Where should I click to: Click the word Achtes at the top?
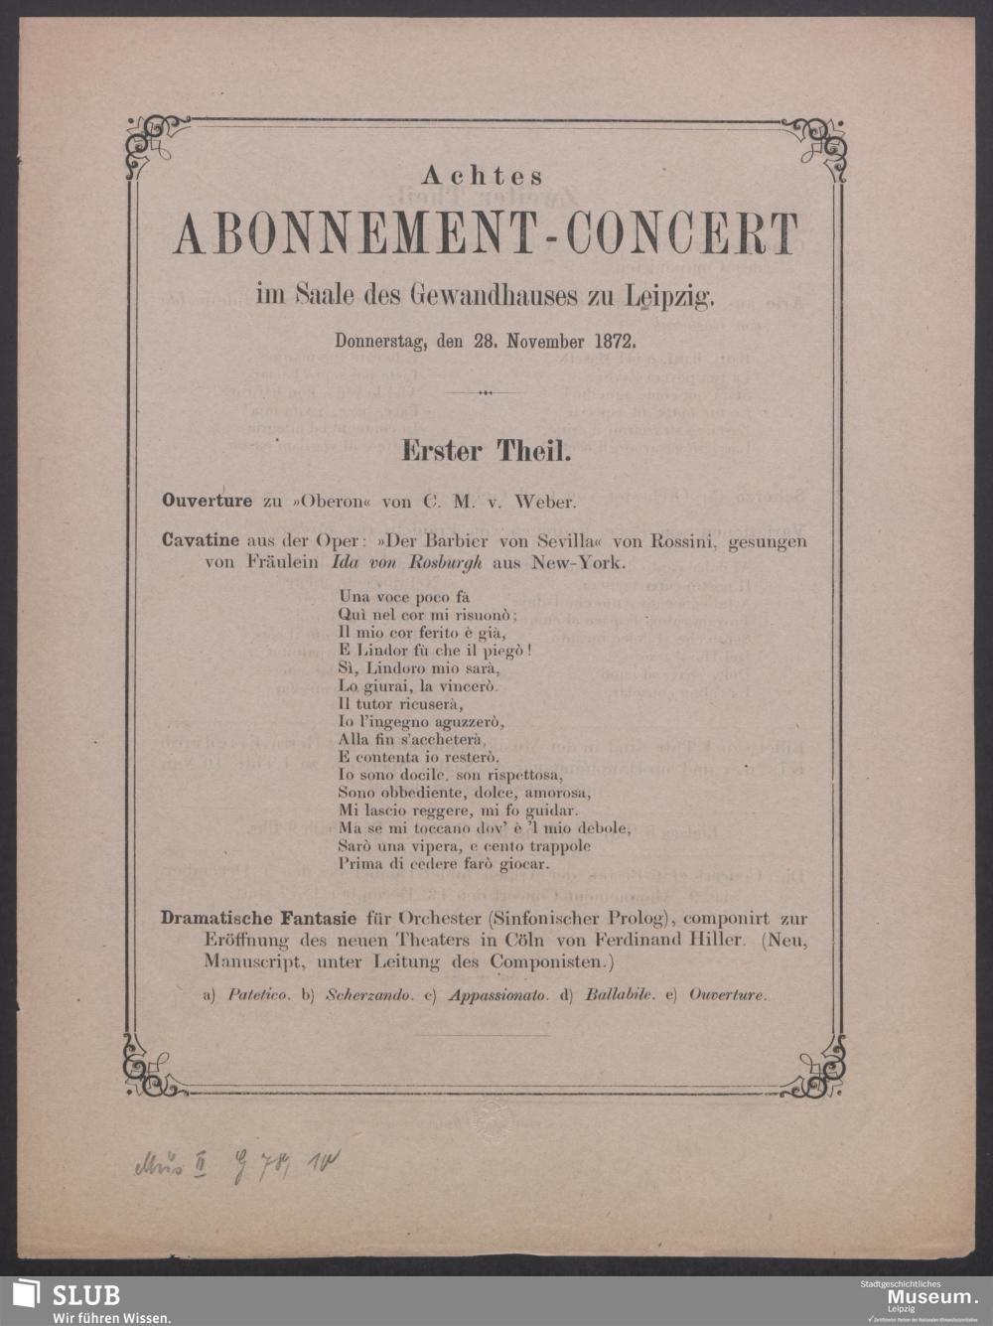(x=483, y=177)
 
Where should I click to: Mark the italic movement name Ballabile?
(x=621, y=994)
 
